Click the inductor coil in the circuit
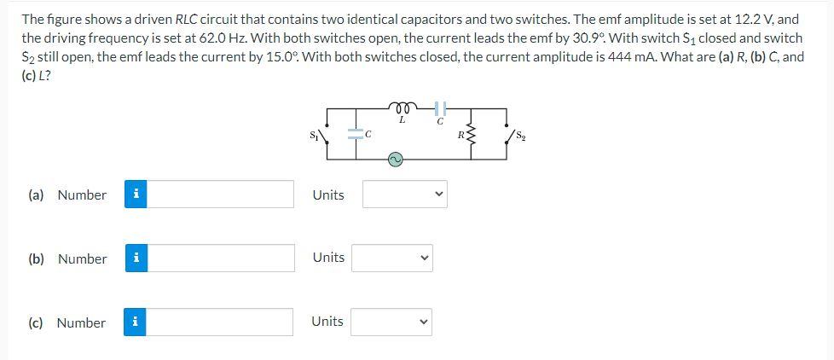pos(402,107)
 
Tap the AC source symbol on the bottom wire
pos(397,159)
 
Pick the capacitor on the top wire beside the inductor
pos(440,108)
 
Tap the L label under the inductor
pos(402,120)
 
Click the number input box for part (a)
pos(223,195)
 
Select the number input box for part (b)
pos(223,258)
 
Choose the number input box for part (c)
pos(223,322)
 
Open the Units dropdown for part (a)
pos(404,195)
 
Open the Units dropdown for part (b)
pos(392,258)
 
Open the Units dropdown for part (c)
pos(392,322)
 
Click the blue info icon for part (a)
pos(136,195)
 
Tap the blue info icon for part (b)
pos(136,258)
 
